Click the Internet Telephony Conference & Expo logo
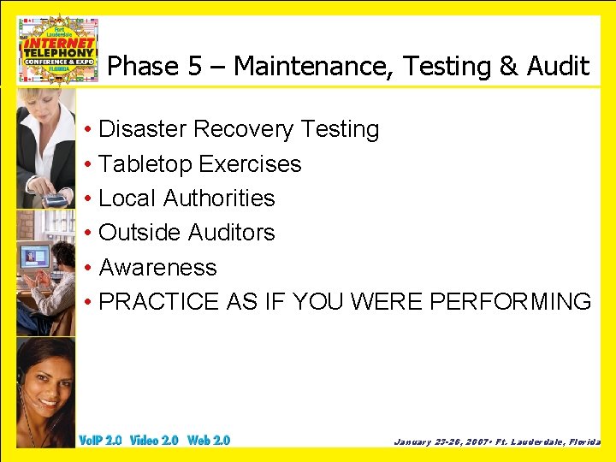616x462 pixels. pos(59,49)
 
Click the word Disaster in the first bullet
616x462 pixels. pos(143,129)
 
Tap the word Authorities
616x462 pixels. pos(219,198)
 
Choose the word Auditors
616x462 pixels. pos(231,233)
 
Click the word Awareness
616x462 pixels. pos(158,268)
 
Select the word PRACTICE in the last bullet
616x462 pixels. pos(159,302)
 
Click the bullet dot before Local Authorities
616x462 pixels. pos(89,199)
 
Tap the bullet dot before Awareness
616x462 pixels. pos(89,269)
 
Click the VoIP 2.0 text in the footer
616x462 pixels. pos(100,441)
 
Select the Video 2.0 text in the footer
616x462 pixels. pos(154,441)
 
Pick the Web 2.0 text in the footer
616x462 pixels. pos(209,441)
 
